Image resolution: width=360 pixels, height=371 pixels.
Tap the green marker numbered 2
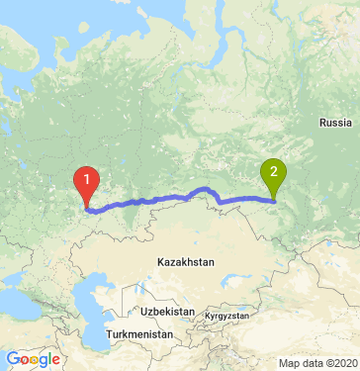pos(273,172)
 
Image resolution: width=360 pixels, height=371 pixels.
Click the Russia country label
pos(335,122)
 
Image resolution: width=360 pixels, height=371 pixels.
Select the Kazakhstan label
pos(185,262)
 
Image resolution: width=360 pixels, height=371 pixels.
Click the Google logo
pos(33,359)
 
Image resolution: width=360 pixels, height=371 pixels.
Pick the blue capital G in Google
pos(13,359)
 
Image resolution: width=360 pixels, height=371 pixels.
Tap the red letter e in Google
pos(55,360)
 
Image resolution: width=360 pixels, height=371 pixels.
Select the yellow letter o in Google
pos(35,360)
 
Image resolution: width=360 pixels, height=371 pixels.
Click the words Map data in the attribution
pos(303,363)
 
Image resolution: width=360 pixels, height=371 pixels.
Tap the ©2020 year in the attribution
pos(340,363)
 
